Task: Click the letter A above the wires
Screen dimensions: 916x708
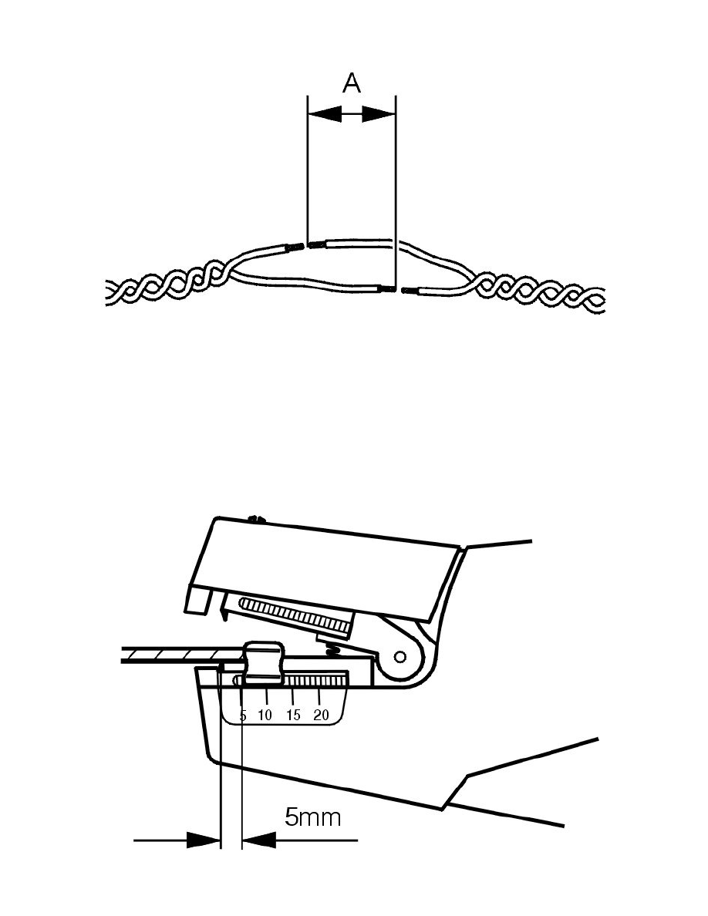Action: click(x=352, y=83)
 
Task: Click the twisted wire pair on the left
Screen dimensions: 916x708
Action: click(x=166, y=288)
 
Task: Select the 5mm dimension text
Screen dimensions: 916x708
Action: click(x=312, y=817)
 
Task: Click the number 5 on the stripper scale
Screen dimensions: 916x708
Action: click(x=242, y=716)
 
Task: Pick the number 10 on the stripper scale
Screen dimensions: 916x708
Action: click(x=265, y=716)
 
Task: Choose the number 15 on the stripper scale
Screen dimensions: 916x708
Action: click(x=293, y=716)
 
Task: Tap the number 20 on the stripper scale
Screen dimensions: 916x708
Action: click(x=322, y=716)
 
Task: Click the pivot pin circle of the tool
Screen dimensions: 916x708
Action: click(x=400, y=658)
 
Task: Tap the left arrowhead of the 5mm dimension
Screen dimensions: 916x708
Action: click(x=204, y=840)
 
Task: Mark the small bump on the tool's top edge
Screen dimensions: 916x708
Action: click(x=258, y=520)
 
